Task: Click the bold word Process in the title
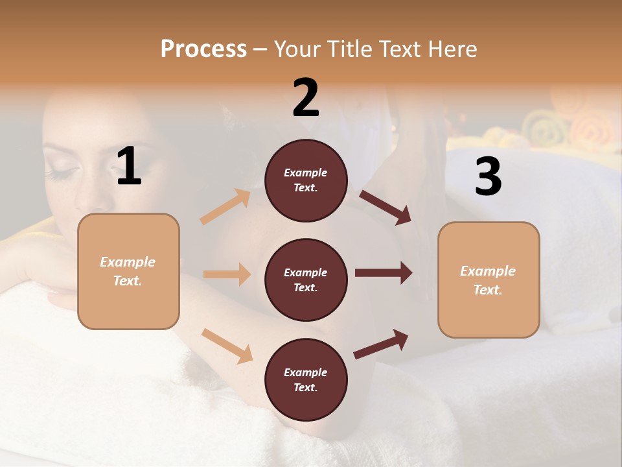coord(203,49)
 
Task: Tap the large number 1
coord(129,167)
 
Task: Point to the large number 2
coord(306,98)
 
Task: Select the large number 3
coord(489,177)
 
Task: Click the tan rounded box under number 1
coord(128,271)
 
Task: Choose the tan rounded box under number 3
coord(489,280)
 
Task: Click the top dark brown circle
coord(306,180)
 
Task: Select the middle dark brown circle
coord(306,280)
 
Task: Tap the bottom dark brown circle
coord(306,379)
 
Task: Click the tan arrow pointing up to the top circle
coord(225,207)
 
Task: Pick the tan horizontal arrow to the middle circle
coord(227,274)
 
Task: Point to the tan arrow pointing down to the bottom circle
coord(227,346)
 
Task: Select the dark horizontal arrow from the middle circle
coord(384,273)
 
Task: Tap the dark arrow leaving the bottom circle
coord(381,344)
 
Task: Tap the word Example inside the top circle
coord(306,173)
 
